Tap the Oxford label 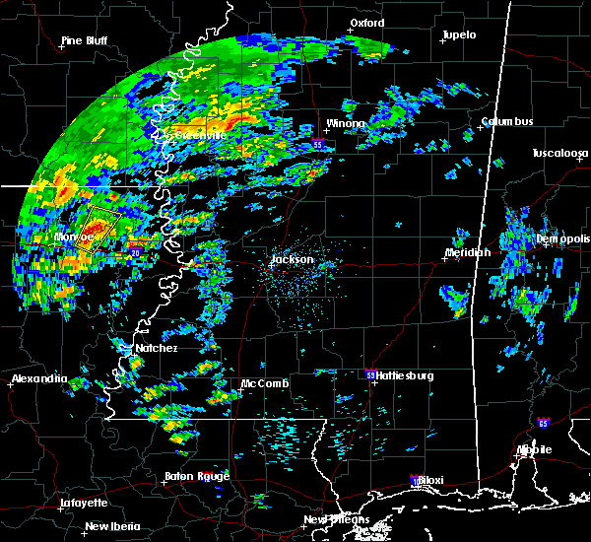coord(366,23)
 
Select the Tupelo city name coord(459,35)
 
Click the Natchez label coord(158,348)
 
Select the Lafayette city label coord(83,502)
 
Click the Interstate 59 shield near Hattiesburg coord(369,374)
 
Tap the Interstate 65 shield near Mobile coord(544,423)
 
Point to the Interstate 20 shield coord(135,253)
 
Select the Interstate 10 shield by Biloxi coord(414,480)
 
